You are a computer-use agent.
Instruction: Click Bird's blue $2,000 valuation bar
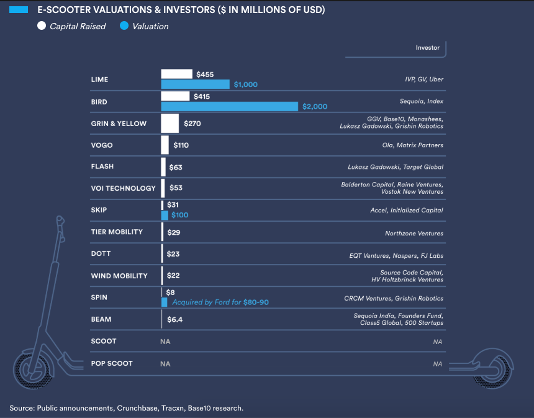229,106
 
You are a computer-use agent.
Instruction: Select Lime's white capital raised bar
176,74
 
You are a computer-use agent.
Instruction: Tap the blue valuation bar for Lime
195,84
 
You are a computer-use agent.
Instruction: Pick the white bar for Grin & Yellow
170,124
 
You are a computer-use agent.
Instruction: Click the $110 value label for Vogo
181,145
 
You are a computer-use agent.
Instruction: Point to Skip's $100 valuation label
179,215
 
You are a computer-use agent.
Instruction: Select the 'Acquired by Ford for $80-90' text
220,302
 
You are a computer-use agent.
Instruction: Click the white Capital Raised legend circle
42,26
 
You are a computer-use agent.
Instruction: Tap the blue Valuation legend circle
124,26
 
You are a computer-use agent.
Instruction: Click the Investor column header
427,48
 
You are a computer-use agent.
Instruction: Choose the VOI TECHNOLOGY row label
123,188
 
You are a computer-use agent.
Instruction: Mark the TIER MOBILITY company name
117,232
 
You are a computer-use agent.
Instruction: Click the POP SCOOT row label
112,363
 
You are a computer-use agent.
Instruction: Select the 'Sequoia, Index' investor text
422,101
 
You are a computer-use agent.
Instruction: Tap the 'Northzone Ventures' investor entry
414,234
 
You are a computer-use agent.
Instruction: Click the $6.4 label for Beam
174,320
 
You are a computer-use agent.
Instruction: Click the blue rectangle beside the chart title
19,10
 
